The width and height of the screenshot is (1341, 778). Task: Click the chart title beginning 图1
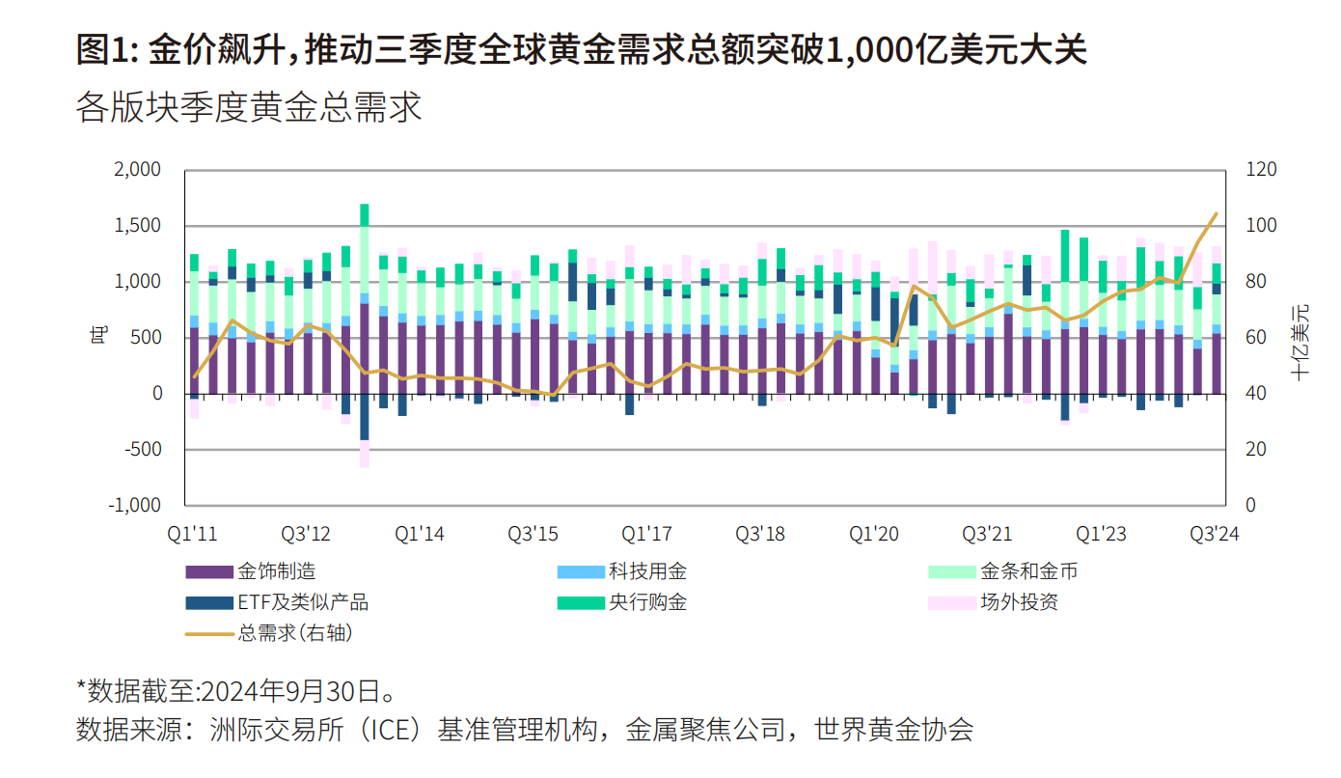pyautogui.click(x=582, y=49)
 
